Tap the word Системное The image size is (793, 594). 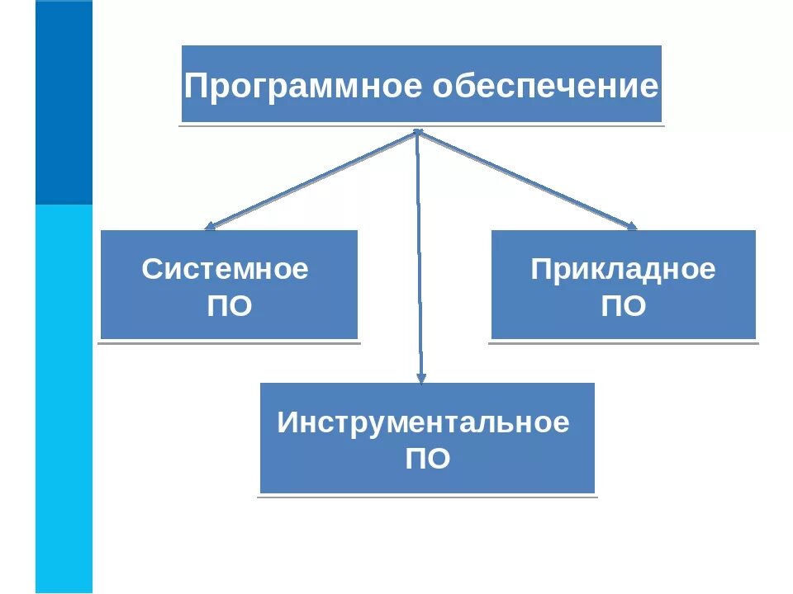coord(225,269)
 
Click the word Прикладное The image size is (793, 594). coord(623,269)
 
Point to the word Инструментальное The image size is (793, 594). coord(423,422)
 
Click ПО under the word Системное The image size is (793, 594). coord(229,307)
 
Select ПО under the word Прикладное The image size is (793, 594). coord(623,307)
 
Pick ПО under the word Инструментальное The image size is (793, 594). coord(427,459)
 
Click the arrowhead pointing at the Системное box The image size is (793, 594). coord(210,224)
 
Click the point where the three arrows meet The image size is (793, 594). coord(418,131)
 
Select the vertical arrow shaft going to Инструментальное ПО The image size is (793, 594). coord(419,256)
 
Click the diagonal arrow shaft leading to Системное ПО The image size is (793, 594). coord(314,177)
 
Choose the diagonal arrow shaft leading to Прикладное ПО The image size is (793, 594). coord(525,177)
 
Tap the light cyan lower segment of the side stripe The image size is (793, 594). coord(64,396)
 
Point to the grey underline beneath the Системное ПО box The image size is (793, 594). coord(230,342)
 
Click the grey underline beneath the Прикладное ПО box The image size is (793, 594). coord(623,342)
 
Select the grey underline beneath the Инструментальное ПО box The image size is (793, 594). coord(427,496)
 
